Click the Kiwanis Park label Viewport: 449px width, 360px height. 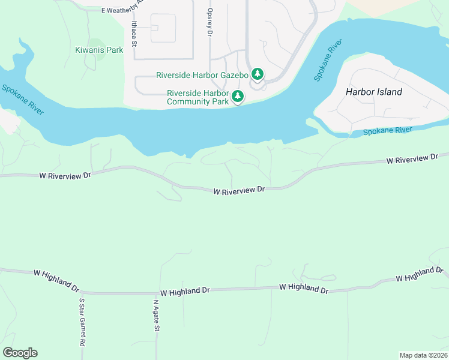pos(99,50)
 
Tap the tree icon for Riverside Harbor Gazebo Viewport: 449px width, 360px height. pos(258,74)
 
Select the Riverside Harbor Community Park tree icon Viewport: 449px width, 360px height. pos(238,96)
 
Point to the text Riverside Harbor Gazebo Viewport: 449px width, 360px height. pos(202,75)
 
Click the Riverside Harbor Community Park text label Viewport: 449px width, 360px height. pos(198,97)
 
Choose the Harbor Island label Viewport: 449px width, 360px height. pos(374,92)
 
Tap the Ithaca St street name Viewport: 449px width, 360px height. pos(134,34)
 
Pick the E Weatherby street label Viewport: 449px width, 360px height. pos(123,9)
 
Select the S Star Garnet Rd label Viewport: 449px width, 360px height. pos(80,323)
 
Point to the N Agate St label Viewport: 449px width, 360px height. pos(155,315)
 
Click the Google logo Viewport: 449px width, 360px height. pos(20,353)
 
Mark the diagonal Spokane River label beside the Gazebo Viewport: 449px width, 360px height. pos(327,61)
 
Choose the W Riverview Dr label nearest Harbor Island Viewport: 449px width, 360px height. pos(412,158)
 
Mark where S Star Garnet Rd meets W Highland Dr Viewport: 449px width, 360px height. pos(80,293)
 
